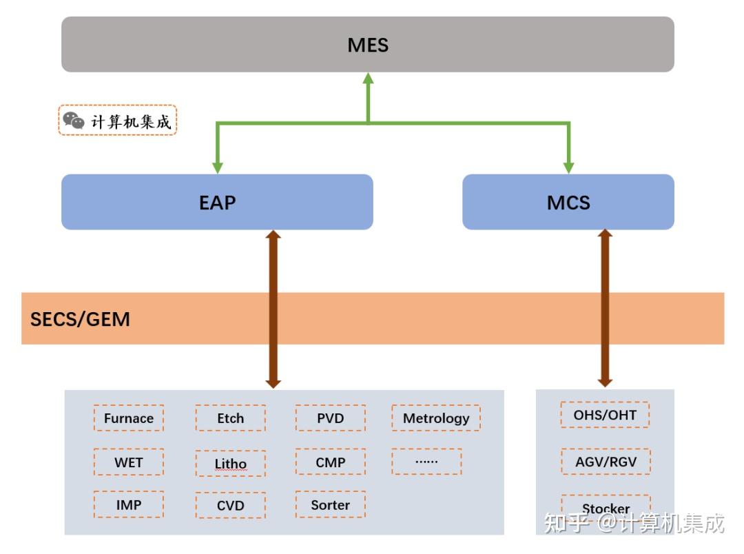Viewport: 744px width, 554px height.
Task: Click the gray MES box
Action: click(367, 45)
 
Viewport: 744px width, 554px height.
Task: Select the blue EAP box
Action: click(217, 202)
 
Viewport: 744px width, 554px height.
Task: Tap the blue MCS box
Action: click(568, 202)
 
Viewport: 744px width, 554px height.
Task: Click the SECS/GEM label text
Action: click(80, 319)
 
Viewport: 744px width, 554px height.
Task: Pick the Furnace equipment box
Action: click(129, 418)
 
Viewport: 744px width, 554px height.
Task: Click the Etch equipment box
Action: click(230, 418)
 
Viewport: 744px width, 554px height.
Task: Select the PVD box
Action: click(331, 418)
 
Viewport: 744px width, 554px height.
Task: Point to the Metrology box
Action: click(436, 418)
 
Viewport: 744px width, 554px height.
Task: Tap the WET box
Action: click(129, 462)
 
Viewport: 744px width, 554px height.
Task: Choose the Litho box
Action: click(230, 464)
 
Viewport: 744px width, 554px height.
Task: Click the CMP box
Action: click(331, 462)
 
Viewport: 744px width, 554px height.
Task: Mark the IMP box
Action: click(129, 504)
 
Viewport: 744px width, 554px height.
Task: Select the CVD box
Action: click(230, 506)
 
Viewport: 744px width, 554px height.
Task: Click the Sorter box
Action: click(331, 504)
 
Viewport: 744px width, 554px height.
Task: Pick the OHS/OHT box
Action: click(605, 415)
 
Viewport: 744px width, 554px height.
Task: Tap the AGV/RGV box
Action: click(605, 462)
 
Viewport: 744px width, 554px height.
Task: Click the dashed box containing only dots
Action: click(426, 462)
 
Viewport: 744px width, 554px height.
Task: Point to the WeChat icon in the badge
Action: click(74, 121)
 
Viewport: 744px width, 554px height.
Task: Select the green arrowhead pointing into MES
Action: click(368, 78)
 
